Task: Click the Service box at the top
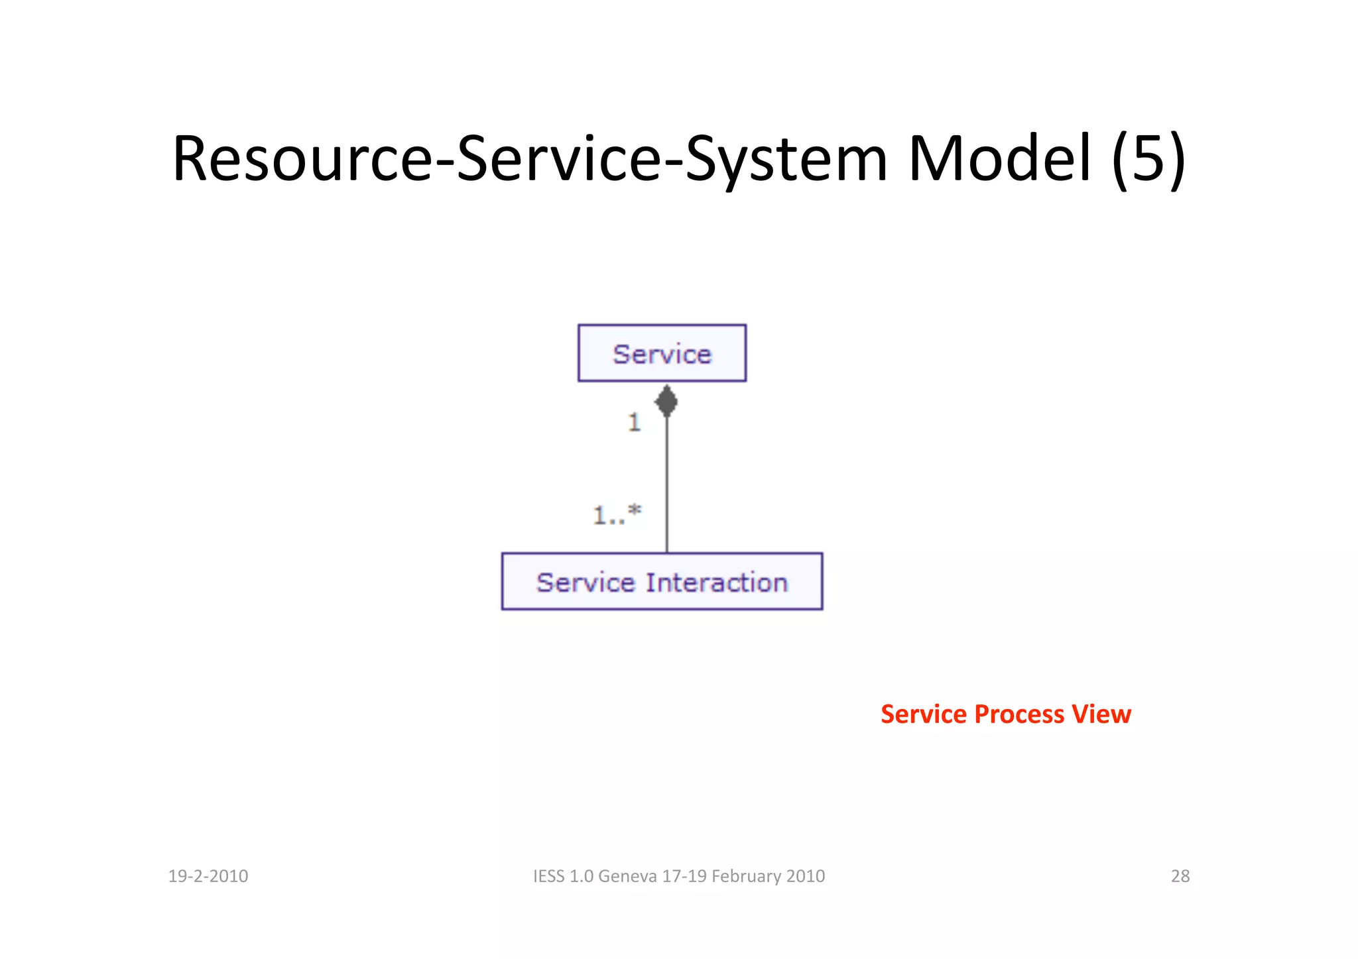[662, 353]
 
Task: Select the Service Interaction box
[662, 582]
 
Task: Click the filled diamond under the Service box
[666, 402]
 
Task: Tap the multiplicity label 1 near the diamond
[635, 422]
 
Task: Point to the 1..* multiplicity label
[617, 514]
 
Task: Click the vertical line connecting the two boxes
[667, 484]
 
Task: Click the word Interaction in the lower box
[717, 583]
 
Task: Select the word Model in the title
[999, 158]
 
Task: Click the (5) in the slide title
[1149, 158]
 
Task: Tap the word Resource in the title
[302, 158]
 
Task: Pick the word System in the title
[786, 158]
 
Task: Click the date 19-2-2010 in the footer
[208, 876]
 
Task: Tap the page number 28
[1180, 876]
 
